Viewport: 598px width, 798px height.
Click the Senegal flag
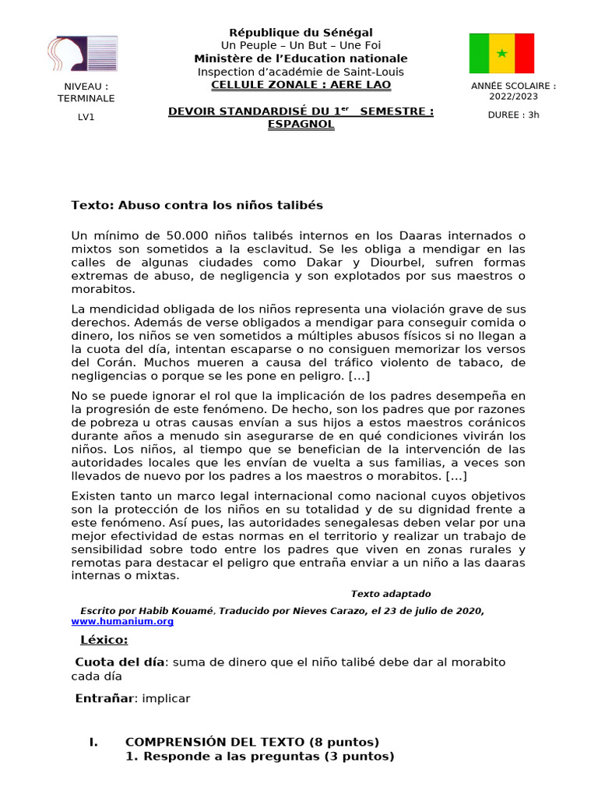[x=501, y=53]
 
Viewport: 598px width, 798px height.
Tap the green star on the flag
[x=501, y=53]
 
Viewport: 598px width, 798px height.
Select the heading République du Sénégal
[x=301, y=32]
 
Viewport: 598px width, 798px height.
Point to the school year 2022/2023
[x=513, y=97]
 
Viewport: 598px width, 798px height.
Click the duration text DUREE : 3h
[x=513, y=115]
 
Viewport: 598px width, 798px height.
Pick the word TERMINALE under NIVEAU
[x=86, y=98]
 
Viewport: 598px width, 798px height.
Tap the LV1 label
[x=86, y=117]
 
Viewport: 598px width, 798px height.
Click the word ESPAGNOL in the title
[x=301, y=124]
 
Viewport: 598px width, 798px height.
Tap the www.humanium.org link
[x=122, y=621]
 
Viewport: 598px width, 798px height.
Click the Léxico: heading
[x=104, y=641]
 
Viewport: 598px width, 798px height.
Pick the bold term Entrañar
[x=104, y=698]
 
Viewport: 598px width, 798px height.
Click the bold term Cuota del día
[x=120, y=662]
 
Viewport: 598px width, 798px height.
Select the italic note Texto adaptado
[x=390, y=594]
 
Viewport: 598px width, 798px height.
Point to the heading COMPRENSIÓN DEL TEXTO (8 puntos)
[x=252, y=741]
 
